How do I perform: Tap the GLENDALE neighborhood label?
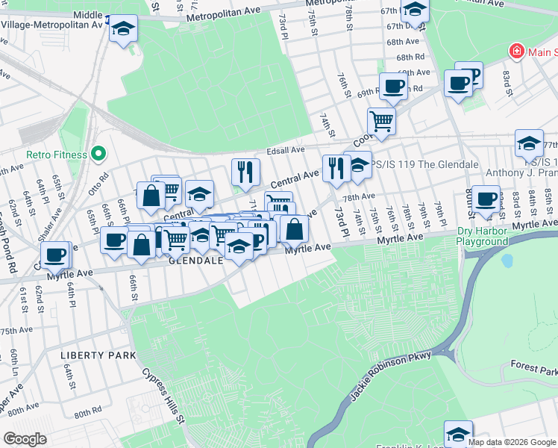196,262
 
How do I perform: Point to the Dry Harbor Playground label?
482,237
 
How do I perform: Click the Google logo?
25,439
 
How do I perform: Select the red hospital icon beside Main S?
515,52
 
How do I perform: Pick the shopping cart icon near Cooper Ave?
381,119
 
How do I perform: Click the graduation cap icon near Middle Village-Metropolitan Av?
124,29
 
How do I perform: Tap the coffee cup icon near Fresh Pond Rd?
55,255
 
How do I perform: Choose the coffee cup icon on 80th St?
486,199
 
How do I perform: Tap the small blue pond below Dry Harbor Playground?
508,261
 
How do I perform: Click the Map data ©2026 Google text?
512,442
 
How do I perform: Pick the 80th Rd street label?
87,412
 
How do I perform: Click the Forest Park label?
534,370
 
